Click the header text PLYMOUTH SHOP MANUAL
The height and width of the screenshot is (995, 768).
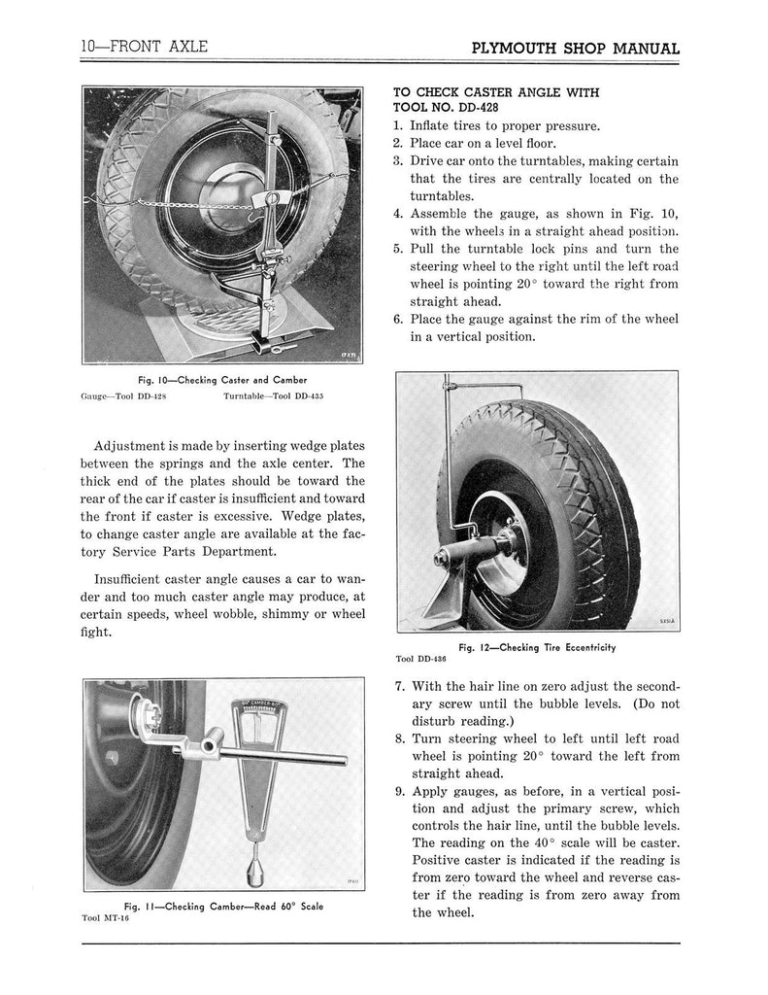pos(574,49)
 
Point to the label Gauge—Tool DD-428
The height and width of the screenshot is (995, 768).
pos(121,397)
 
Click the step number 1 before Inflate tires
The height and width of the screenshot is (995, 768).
pos(397,126)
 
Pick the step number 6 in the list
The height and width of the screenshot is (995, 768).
pos(397,320)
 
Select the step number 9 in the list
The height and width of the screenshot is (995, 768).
pos(398,791)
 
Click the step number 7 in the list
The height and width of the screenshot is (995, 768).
pos(398,685)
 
